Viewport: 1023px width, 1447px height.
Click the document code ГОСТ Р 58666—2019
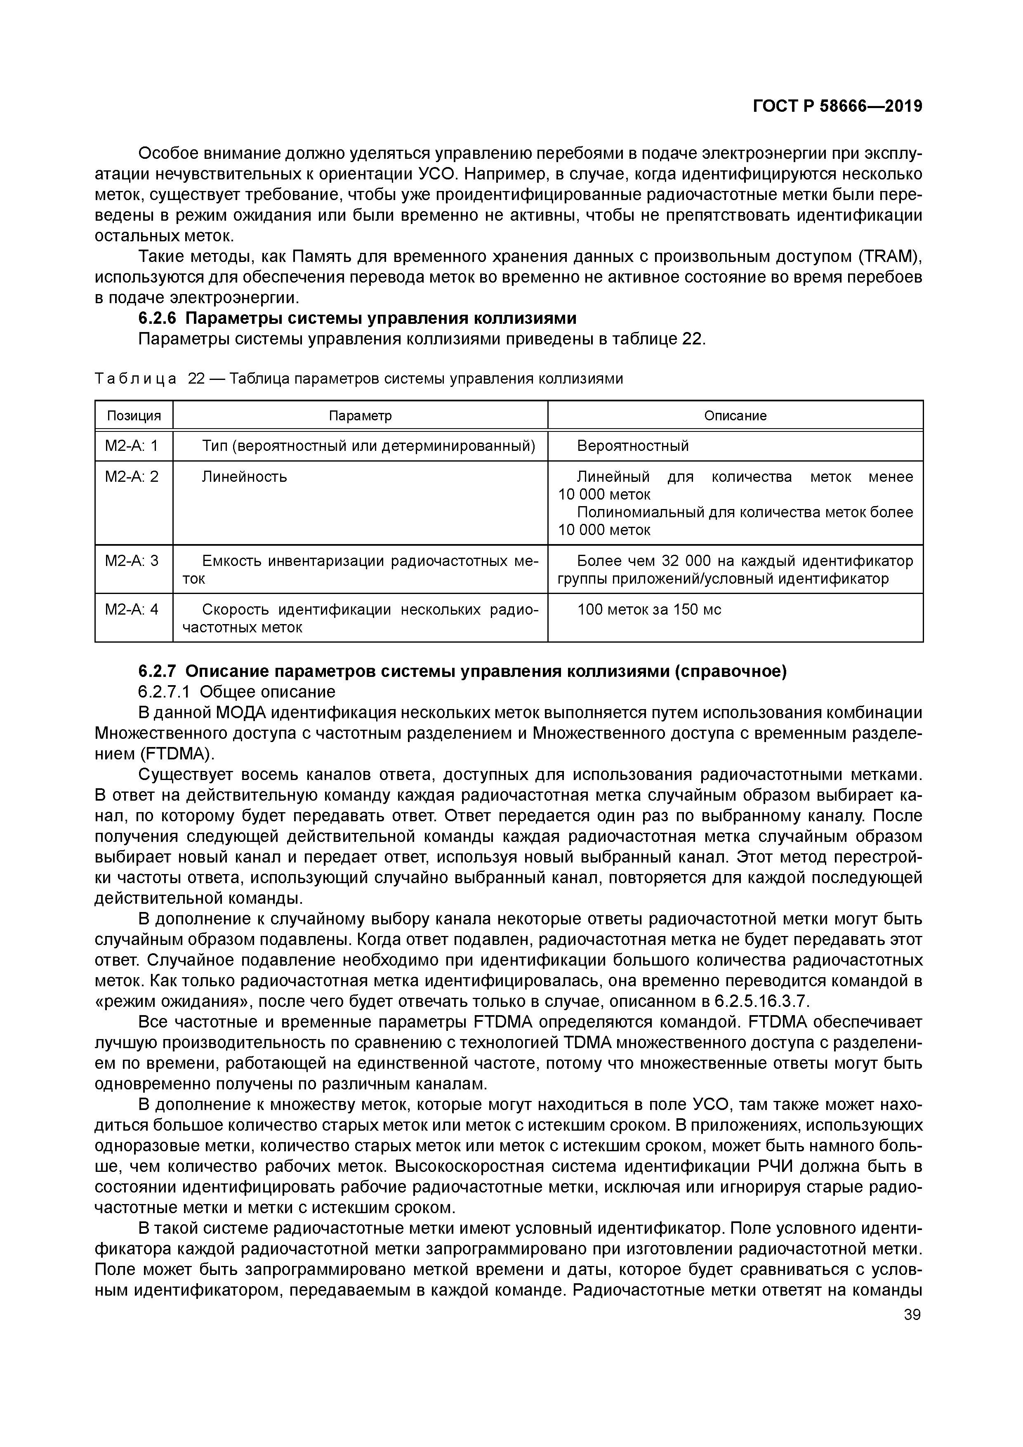coord(838,106)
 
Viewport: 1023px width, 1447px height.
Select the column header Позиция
coord(134,416)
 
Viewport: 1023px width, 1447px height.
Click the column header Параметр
coord(360,416)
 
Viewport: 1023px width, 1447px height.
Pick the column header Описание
coord(735,416)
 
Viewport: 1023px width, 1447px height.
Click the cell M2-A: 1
coord(131,446)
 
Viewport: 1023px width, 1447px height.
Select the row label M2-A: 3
coord(131,560)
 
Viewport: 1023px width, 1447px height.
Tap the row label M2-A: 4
coord(131,609)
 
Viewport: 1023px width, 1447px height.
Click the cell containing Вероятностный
coord(633,446)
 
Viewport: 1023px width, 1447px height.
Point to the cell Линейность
coord(244,476)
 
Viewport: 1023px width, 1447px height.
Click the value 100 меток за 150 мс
coord(649,609)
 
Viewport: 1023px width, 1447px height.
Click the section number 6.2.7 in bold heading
coord(159,672)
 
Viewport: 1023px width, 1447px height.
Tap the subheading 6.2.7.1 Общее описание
coord(236,692)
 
